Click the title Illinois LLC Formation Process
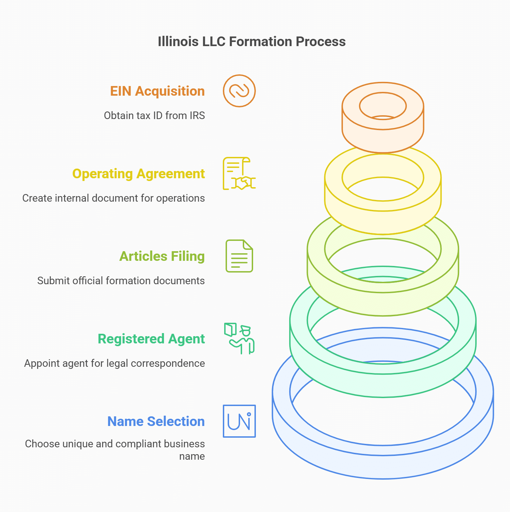point(251,42)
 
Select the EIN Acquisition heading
point(157,91)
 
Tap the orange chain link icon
point(239,91)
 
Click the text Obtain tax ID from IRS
point(154,116)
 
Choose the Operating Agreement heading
point(138,174)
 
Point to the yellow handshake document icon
point(239,173)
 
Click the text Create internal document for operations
point(113,198)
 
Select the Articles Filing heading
point(162,256)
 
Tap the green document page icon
point(239,256)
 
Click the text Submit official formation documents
point(121,281)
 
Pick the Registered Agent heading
point(151,339)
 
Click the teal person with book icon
point(239,339)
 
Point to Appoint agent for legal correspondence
point(114,363)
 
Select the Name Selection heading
point(156,422)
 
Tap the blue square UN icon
point(239,421)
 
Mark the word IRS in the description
point(197,116)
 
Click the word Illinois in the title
point(178,42)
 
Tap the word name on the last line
point(192,456)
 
